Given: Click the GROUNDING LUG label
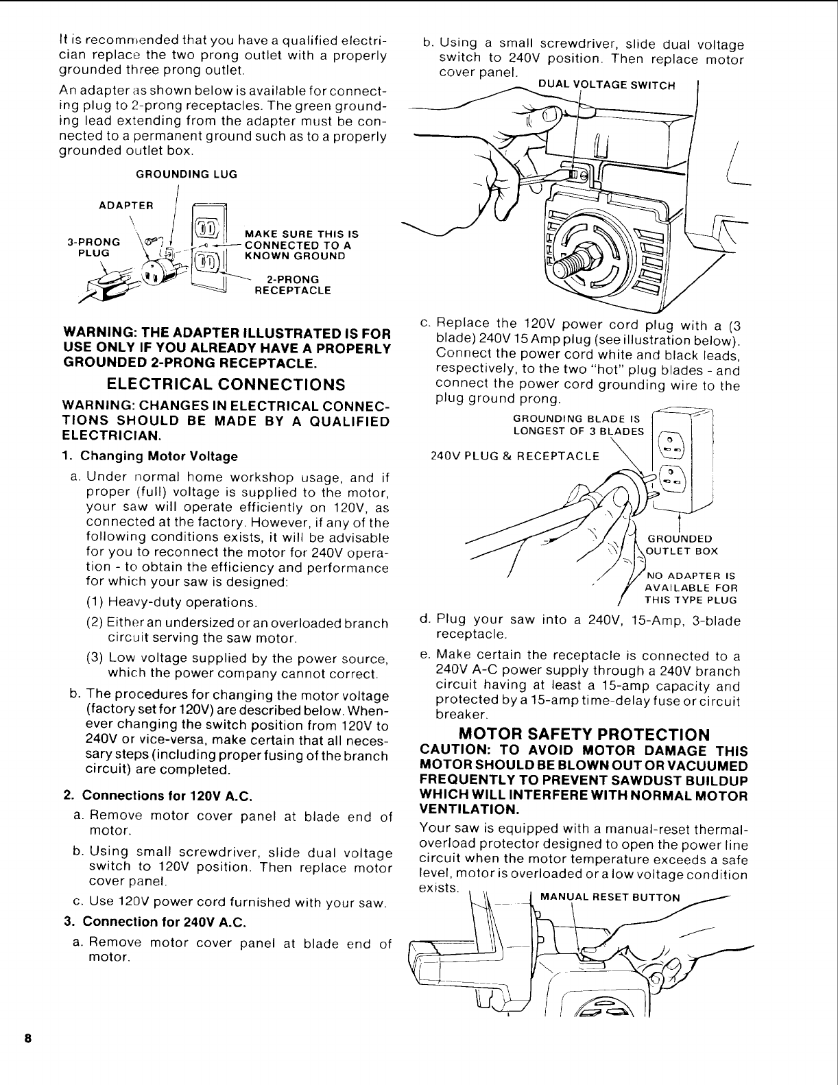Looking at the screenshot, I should (187, 175).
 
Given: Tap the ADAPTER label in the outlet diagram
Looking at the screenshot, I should (127, 205).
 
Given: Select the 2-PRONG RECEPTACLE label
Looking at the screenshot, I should (292, 285).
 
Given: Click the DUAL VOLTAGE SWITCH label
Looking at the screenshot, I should (607, 86).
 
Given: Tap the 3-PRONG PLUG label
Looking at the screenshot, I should (93, 247).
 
